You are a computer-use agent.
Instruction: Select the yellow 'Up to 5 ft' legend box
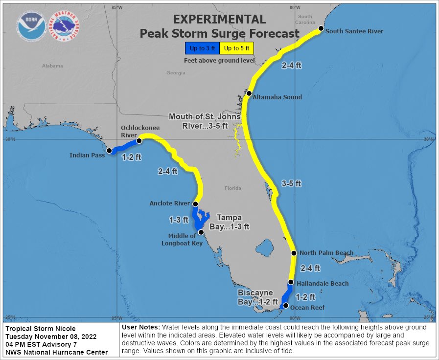point(237,48)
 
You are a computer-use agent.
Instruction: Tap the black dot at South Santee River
point(321,29)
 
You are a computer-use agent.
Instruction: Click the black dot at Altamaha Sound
point(249,93)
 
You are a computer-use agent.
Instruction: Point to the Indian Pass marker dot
point(109,151)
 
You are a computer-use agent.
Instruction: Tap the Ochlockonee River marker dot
point(139,140)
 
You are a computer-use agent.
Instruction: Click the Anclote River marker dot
point(195,204)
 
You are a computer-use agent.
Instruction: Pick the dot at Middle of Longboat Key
point(200,232)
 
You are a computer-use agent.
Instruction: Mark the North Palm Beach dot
point(294,253)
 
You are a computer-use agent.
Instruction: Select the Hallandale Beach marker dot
point(291,282)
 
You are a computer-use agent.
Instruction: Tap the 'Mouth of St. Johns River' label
point(205,121)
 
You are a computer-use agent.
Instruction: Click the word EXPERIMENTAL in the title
point(220,20)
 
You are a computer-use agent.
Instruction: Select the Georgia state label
point(176,73)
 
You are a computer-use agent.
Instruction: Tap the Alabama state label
point(52,66)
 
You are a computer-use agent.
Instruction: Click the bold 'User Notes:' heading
point(140,327)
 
